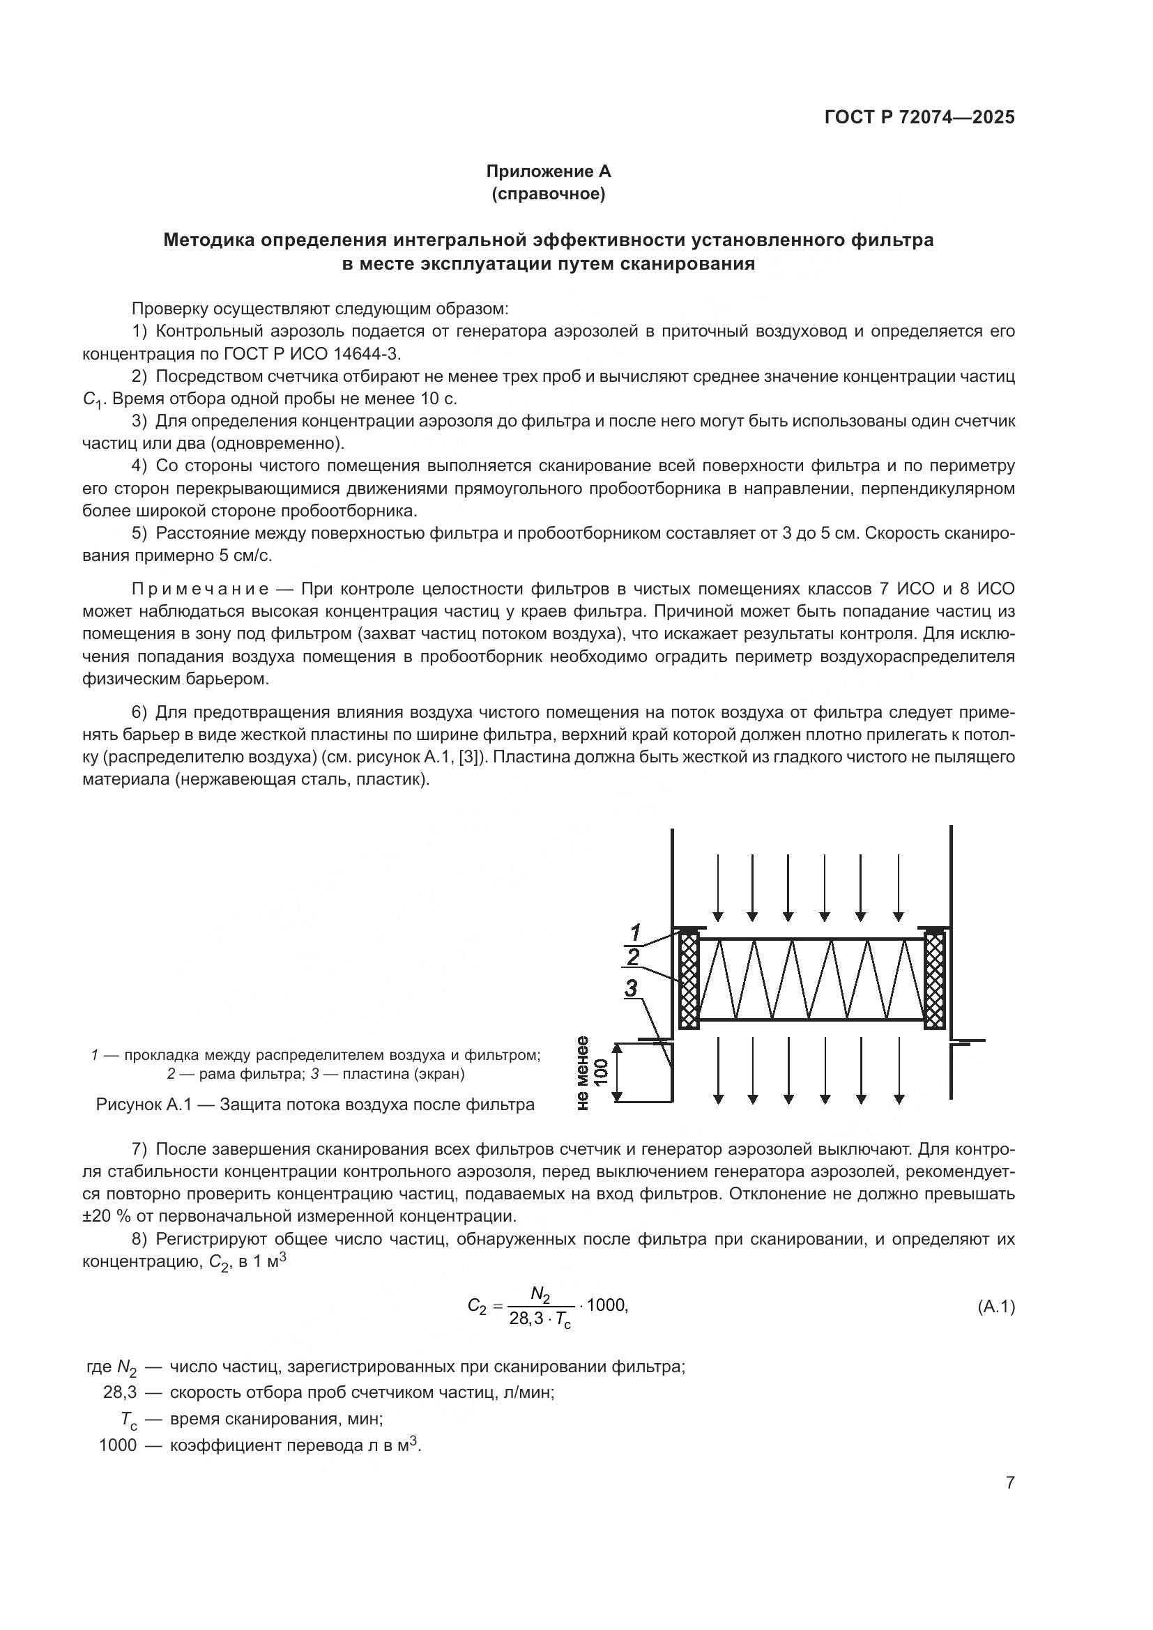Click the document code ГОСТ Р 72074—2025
click(x=919, y=118)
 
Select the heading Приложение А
click(x=548, y=171)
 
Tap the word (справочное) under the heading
click(x=548, y=194)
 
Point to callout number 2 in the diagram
click(x=633, y=957)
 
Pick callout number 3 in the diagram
click(x=631, y=988)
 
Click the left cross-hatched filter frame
click(x=688, y=981)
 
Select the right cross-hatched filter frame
click(x=935, y=981)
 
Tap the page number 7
click(x=1009, y=1482)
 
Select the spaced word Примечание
click(x=200, y=590)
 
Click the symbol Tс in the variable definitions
click(x=128, y=1419)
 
